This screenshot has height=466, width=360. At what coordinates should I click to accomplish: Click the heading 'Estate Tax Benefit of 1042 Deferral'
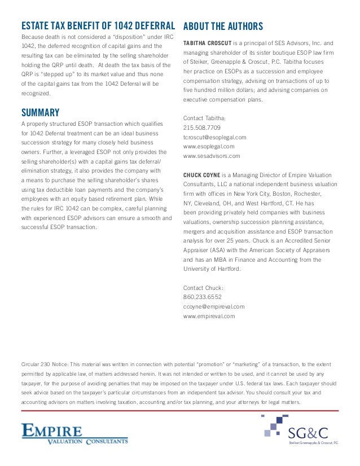tap(97, 26)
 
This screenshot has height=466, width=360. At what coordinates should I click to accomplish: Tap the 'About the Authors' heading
tap(223, 26)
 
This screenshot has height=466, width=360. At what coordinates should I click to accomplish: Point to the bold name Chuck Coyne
tap(201, 175)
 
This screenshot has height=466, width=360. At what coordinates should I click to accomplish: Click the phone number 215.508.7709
tap(202, 128)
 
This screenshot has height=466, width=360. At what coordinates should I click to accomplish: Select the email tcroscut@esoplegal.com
tap(214, 137)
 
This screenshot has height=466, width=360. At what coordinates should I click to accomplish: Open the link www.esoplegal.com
tap(208, 146)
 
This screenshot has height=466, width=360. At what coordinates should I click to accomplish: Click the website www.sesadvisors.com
tap(212, 156)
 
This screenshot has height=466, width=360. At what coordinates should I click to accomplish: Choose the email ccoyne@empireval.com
tap(214, 306)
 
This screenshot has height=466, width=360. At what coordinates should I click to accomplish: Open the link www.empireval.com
tap(209, 316)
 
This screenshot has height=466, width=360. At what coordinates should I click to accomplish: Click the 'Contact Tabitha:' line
tap(204, 118)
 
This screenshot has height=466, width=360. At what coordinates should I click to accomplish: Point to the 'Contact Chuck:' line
tap(203, 287)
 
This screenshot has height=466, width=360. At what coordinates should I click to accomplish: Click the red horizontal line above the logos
tap(179, 411)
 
